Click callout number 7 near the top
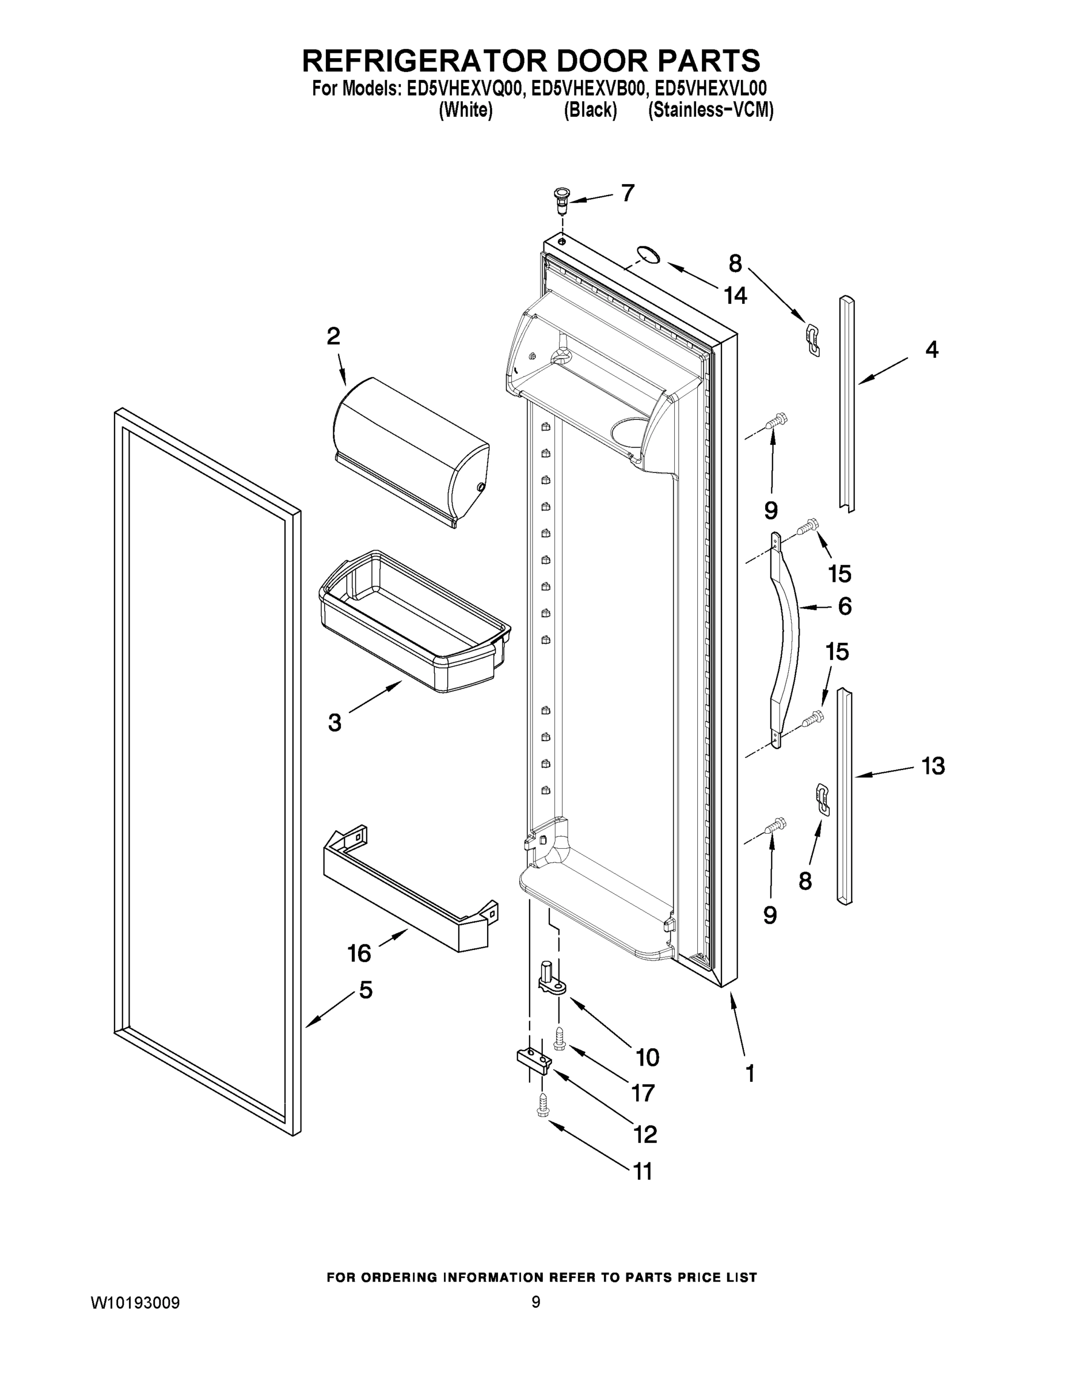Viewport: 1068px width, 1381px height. (x=627, y=193)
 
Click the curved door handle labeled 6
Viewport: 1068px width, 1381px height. (x=786, y=639)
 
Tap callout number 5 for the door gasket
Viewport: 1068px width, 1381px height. (x=366, y=990)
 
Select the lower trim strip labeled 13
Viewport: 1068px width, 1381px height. (x=844, y=797)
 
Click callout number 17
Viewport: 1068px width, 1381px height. (x=643, y=1093)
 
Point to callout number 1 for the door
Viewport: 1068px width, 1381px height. (x=750, y=1073)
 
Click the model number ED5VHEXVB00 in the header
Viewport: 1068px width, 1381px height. (x=588, y=89)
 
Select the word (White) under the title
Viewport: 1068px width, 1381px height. (x=466, y=110)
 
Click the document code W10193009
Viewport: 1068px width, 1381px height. (x=135, y=1303)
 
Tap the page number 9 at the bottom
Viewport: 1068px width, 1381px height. (x=535, y=1302)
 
